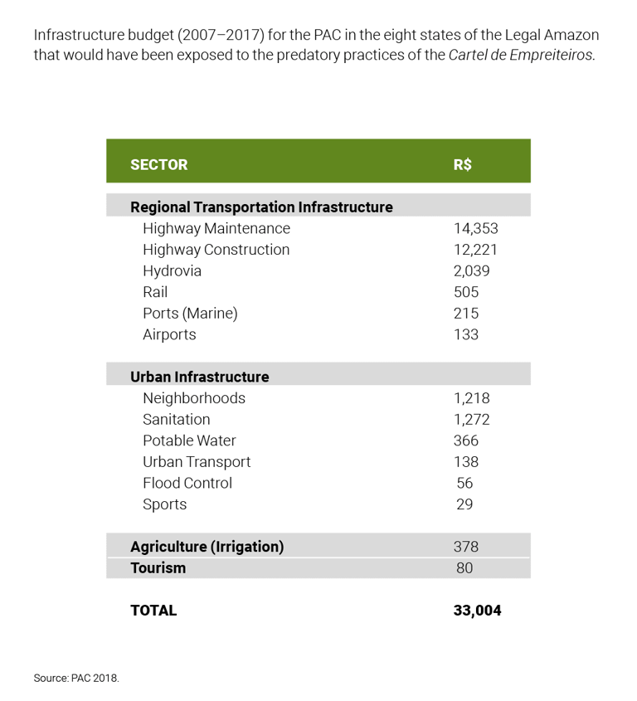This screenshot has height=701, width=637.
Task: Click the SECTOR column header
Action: pyautogui.click(x=159, y=164)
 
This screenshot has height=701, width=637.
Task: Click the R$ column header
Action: pyautogui.click(x=463, y=164)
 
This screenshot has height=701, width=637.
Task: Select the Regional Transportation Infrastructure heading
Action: pyautogui.click(x=261, y=207)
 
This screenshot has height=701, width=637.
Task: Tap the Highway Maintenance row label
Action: pyautogui.click(x=216, y=228)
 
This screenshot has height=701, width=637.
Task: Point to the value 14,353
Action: pyautogui.click(x=475, y=228)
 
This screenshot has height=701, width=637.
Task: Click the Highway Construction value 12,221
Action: pyautogui.click(x=475, y=250)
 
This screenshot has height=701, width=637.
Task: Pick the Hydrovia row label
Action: pyautogui.click(x=172, y=271)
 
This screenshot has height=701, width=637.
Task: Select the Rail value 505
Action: pyautogui.click(x=466, y=292)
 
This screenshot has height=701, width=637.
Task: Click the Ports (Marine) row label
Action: pyautogui.click(x=190, y=314)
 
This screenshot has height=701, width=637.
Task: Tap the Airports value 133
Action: pyautogui.click(x=466, y=334)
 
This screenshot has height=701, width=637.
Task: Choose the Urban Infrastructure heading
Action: pyautogui.click(x=199, y=377)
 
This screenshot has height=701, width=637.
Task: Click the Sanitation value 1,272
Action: pyautogui.click(x=472, y=419)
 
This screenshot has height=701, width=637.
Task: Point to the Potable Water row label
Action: pyautogui.click(x=189, y=441)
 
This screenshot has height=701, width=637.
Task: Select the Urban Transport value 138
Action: pyautogui.click(x=466, y=462)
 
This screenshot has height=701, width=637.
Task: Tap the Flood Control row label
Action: pyautogui.click(x=187, y=483)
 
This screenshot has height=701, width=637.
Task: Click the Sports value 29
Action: pyautogui.click(x=464, y=504)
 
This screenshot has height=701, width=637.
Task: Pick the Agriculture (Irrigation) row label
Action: pyautogui.click(x=207, y=547)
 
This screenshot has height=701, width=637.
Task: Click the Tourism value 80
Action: pyautogui.click(x=464, y=568)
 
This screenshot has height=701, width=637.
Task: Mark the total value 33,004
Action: pyautogui.click(x=477, y=611)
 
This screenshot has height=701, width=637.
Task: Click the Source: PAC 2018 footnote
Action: pyautogui.click(x=76, y=678)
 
